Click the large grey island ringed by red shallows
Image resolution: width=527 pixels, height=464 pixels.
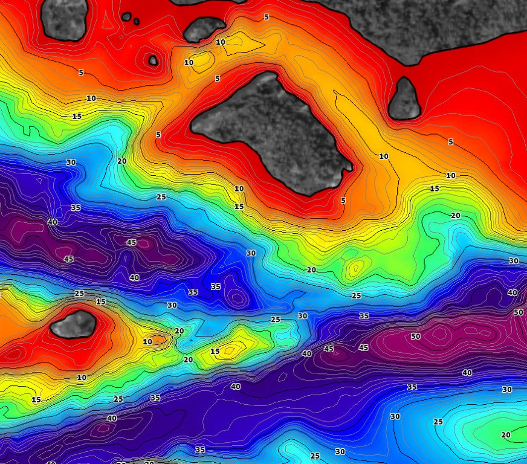[x=272, y=136]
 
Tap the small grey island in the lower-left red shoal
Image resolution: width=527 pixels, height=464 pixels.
[x=73, y=324]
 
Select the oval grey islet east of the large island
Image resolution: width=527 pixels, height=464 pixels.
[x=404, y=100]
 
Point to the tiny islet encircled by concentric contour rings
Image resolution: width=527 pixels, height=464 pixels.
[x=153, y=60]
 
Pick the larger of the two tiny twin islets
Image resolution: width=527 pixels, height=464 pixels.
[x=126, y=17]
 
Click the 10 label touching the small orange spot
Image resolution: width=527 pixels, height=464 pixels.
[x=147, y=341]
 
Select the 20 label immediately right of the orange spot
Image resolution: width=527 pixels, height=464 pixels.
[x=179, y=331]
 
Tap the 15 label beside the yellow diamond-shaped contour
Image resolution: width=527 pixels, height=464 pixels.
[x=215, y=351]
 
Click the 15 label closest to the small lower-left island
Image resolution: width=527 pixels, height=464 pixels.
[x=100, y=301]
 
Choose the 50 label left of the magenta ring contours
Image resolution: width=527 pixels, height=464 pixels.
[x=415, y=336]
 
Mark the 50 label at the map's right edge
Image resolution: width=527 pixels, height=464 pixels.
[x=518, y=312]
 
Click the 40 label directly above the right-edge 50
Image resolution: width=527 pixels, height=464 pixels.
[x=512, y=292]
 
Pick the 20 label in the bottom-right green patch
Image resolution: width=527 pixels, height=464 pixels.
[x=506, y=434]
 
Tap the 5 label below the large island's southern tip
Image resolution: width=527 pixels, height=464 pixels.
[x=343, y=200]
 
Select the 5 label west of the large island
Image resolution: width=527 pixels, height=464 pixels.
[x=158, y=135]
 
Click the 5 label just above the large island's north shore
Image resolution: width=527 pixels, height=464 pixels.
[x=218, y=79]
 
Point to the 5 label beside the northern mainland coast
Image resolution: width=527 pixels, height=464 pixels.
[x=267, y=17]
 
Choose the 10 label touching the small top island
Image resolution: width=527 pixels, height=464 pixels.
[x=220, y=42]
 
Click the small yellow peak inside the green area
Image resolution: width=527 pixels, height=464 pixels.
[x=357, y=265]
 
